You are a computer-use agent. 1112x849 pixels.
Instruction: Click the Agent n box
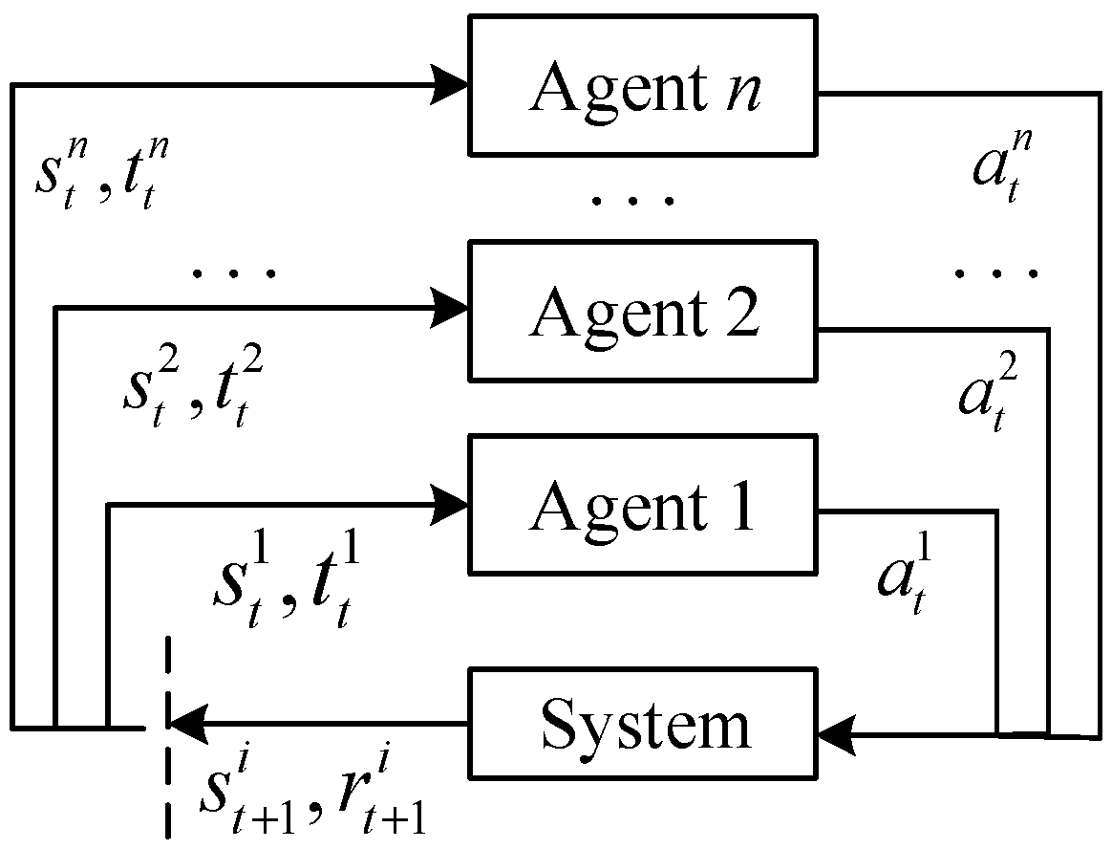point(642,85)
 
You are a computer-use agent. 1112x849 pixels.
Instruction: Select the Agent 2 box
point(642,311)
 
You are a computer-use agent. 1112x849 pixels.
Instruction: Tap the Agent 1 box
point(642,505)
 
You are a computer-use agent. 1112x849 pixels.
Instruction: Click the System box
point(642,725)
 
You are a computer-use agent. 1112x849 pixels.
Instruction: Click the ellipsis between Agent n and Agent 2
point(632,201)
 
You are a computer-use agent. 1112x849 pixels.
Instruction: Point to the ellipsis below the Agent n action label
point(994,274)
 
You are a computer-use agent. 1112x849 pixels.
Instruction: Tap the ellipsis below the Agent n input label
point(234,274)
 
